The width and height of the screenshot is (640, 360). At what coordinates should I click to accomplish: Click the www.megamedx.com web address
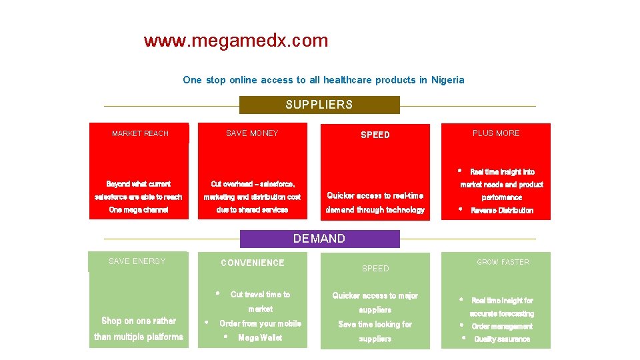coord(236,41)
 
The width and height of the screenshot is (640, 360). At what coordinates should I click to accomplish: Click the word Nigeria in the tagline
coord(447,80)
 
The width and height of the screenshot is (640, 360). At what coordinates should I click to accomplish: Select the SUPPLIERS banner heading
coord(319,105)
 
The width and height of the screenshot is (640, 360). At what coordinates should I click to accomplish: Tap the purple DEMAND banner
coord(319,239)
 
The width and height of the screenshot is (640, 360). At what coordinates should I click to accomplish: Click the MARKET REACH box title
coord(140,133)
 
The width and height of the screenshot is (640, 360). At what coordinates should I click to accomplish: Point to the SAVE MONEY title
coord(252,133)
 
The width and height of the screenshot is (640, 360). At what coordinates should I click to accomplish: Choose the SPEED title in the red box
coord(375,135)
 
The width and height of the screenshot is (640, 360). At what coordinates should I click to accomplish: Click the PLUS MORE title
coord(496,133)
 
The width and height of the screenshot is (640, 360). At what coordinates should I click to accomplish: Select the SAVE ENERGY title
coord(137,261)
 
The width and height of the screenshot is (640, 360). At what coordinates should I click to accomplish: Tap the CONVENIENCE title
coord(252,263)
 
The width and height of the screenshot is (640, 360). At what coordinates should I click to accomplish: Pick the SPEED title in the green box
coord(375,269)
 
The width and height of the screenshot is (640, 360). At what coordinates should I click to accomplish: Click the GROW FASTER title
coord(503,263)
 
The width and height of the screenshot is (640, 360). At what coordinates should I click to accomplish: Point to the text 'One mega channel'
coord(139,210)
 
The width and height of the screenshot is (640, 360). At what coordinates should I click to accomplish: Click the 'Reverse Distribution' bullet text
coord(502,211)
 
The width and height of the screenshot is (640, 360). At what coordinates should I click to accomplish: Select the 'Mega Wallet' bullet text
coord(260,338)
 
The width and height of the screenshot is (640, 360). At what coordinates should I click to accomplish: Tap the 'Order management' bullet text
coord(502,327)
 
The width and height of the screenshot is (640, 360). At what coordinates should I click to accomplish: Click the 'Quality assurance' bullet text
coord(502,339)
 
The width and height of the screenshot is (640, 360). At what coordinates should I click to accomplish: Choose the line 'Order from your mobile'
coord(260,324)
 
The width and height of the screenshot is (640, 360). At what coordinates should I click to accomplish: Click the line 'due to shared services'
coord(252,210)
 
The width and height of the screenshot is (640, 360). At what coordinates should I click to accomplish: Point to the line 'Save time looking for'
coord(375,325)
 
